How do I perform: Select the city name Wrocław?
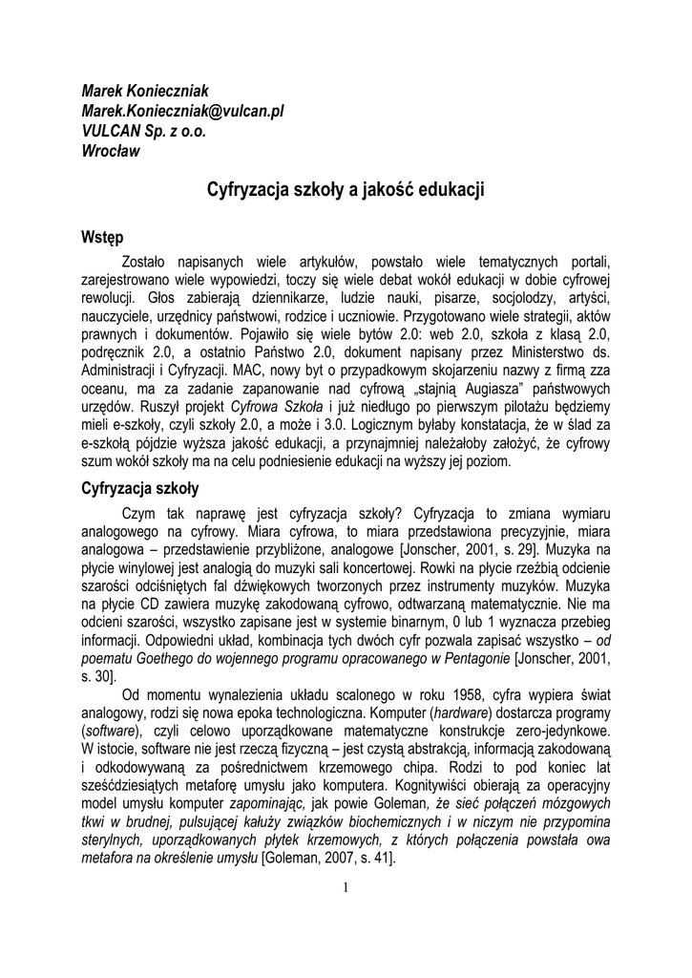[111, 151]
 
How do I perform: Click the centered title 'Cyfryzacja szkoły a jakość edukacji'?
[346, 190]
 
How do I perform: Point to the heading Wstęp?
[102, 236]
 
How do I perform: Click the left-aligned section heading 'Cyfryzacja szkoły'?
[139, 488]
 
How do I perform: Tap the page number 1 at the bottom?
[346, 888]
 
